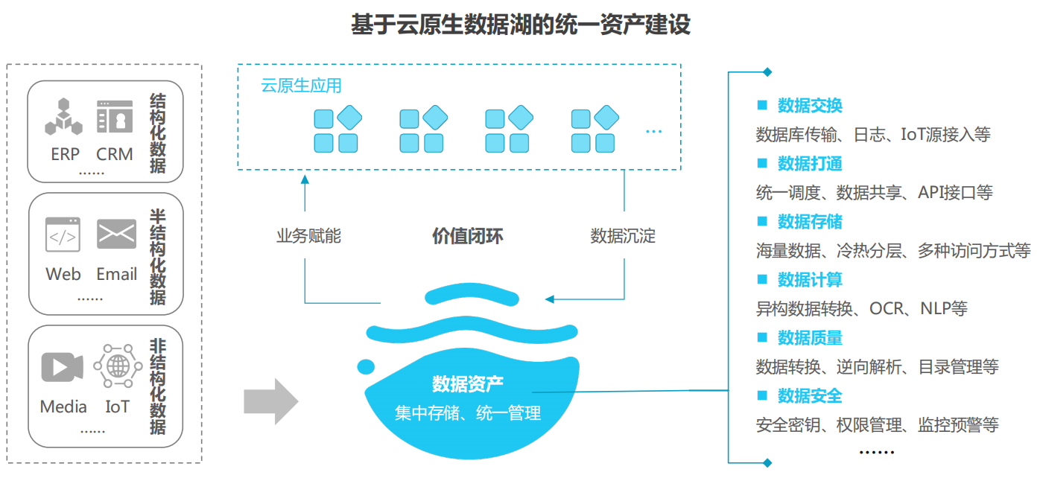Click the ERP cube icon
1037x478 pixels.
tap(63, 118)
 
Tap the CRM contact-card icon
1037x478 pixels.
tap(115, 118)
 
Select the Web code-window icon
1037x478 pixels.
tap(63, 235)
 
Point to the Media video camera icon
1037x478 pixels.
tap(63, 367)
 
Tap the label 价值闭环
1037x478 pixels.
tap(468, 237)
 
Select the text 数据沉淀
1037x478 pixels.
tap(623, 237)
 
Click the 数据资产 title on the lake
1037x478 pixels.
tap(468, 384)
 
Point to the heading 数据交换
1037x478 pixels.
tap(810, 106)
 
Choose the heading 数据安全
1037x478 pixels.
tap(810, 396)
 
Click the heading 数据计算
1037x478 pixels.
tap(810, 280)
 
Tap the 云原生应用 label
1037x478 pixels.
tap(301, 86)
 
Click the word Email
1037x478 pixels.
tap(117, 274)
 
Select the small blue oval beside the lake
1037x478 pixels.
tap(366, 366)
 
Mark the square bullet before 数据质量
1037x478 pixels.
tap(762, 337)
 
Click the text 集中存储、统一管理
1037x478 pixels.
tap(468, 412)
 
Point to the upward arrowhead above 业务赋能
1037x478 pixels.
tap(305, 179)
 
